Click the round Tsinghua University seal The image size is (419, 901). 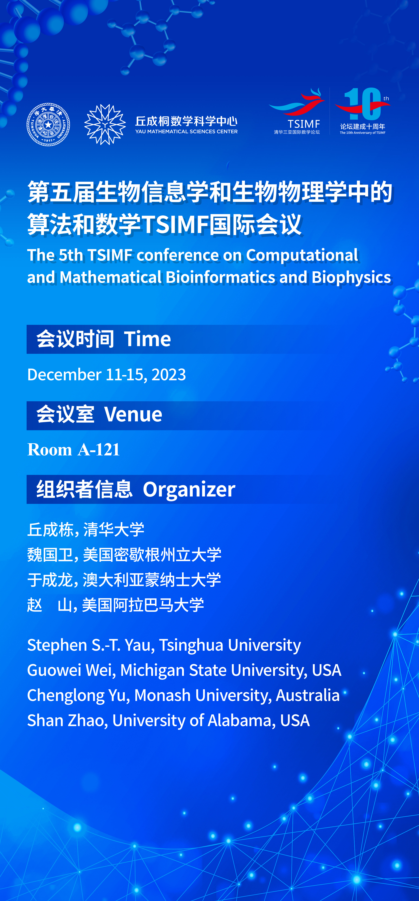[48, 124]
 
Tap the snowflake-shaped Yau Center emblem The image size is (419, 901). [105, 124]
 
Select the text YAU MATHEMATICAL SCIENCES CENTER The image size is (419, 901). [186, 131]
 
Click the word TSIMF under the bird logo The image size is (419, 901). [304, 124]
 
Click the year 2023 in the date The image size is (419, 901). [169, 375]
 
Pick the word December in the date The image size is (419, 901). [64, 375]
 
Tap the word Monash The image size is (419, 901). [163, 695]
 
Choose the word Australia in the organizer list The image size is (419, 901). [308, 695]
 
